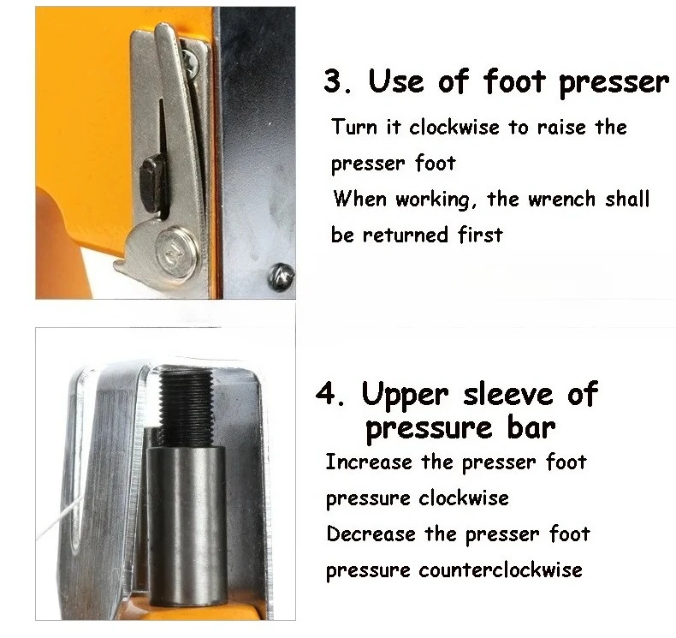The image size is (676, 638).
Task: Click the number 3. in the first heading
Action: [340, 82]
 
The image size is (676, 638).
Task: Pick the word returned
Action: [406, 235]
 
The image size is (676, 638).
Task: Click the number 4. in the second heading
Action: [331, 395]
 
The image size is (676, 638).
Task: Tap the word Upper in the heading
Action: [405, 395]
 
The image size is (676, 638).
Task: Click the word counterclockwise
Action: [500, 569]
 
